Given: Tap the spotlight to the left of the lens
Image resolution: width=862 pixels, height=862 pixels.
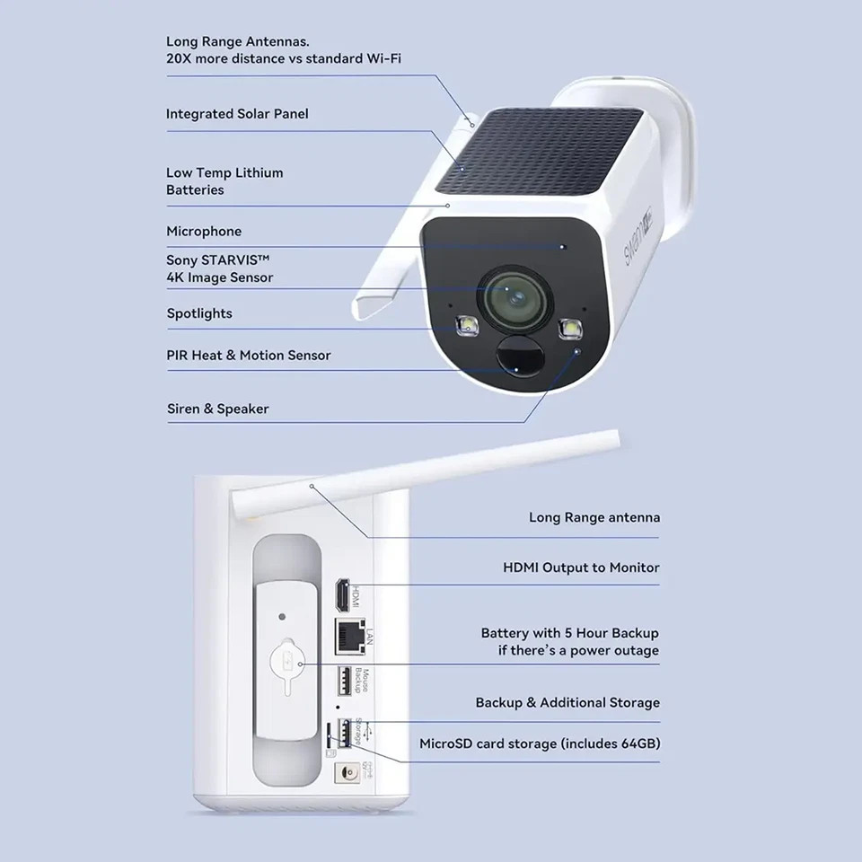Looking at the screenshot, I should click(466, 325).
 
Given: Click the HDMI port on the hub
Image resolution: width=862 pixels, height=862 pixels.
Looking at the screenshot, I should click(342, 594).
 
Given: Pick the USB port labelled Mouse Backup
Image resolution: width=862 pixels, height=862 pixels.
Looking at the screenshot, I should click(343, 682).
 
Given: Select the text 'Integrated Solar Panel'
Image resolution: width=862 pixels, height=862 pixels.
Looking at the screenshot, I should click(237, 114).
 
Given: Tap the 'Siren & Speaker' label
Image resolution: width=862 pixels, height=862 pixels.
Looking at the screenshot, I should click(218, 409).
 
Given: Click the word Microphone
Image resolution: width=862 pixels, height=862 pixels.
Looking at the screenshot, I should click(204, 232).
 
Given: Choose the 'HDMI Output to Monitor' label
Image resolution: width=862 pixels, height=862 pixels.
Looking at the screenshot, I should click(581, 567).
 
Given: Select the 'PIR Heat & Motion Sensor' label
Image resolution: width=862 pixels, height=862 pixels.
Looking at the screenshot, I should click(249, 356).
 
